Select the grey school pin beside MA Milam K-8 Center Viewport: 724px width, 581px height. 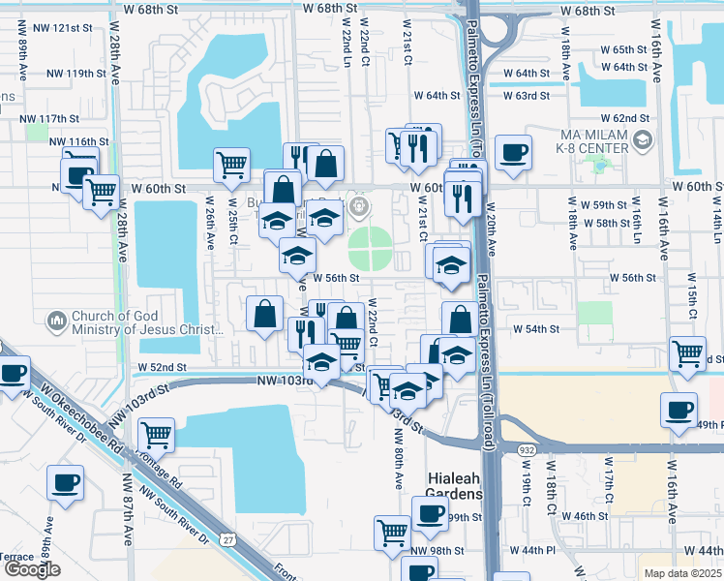(x=641, y=142)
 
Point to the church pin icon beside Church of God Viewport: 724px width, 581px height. (x=57, y=320)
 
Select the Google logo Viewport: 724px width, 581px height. (x=32, y=569)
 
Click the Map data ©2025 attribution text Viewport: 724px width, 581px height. (x=682, y=572)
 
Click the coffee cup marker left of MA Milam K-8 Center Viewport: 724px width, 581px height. (x=512, y=152)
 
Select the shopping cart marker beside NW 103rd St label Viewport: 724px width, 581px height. (x=155, y=436)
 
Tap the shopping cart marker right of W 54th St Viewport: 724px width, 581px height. (x=687, y=354)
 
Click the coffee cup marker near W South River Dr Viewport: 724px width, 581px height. (x=65, y=482)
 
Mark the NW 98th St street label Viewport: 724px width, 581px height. (x=437, y=551)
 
